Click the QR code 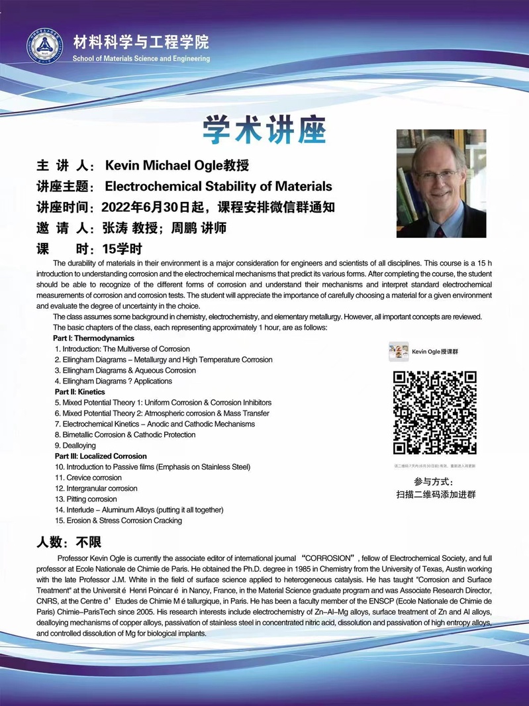coord(434,412)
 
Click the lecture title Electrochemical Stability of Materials coord(218,186)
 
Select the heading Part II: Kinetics coord(79,392)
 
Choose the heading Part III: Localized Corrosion coord(101,456)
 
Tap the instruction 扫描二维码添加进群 coord(435,494)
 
